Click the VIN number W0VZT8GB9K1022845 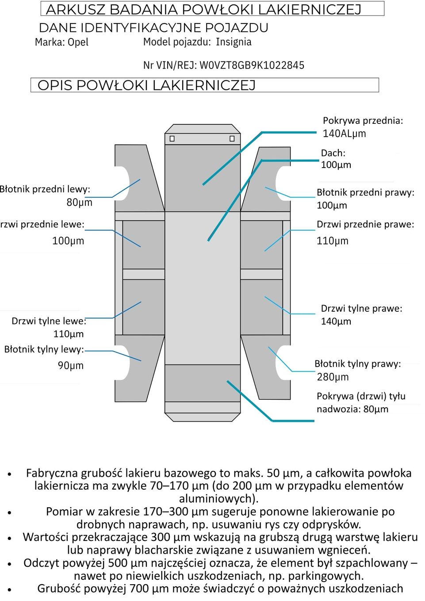coord(252,65)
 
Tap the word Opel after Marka coord(78,42)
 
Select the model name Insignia coord(234,42)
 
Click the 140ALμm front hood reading coord(344,134)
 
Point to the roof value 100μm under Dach coord(336,165)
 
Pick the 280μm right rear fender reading coord(333,377)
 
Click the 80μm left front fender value coord(79,203)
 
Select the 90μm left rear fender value coord(71,365)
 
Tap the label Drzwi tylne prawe coord(361,308)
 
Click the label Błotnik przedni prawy coord(365,192)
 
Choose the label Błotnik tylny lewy coord(44,349)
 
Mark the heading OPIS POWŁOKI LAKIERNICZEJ coord(146,85)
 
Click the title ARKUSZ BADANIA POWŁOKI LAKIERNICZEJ coord(203,9)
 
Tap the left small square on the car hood coord(172,139)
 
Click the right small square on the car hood coord(232,139)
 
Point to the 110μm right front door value coord(332,241)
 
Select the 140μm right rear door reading coord(336,322)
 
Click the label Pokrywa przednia coord(363,121)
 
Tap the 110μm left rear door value coord(68,334)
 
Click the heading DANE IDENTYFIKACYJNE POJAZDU coord(153,28)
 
